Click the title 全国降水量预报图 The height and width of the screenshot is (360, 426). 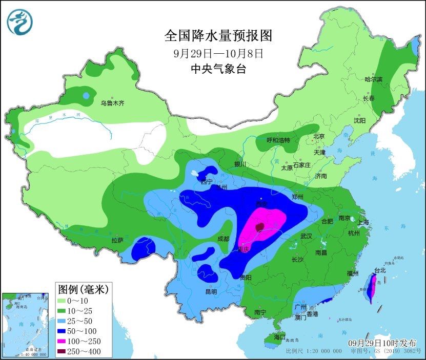[218, 35]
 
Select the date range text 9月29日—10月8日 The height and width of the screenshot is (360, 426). [218, 53]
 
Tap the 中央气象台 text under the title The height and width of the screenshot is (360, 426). [218, 69]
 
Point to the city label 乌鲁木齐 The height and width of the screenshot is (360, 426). [112, 103]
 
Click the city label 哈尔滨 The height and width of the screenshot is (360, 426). [373, 79]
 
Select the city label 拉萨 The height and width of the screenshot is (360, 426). [117, 240]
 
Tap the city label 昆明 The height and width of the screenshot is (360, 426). [211, 291]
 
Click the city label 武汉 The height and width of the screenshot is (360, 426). [307, 236]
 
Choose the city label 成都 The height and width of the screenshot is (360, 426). [223, 238]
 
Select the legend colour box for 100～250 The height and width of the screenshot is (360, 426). [65, 341]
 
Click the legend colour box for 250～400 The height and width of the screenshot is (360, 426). [65, 351]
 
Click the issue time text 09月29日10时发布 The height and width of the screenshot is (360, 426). [382, 343]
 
